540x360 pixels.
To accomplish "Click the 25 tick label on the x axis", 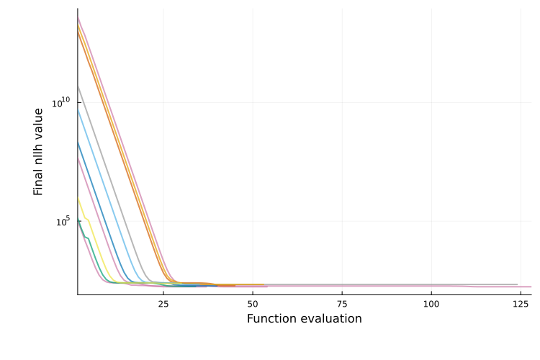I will click(163, 304).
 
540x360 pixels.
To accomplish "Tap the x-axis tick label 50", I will click(252, 304).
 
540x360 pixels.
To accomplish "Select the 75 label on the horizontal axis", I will click(342, 304).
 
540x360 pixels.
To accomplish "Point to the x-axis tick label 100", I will click(431, 304).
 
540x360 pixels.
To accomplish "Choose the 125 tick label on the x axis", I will click(521, 304).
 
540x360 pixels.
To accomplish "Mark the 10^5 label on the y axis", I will click(63, 221).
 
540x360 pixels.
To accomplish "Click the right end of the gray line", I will click(517, 284).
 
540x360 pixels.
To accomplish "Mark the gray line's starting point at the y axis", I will click(78, 87).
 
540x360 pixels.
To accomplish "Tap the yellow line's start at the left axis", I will click(78, 198).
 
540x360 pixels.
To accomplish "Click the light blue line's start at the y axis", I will click(78, 110).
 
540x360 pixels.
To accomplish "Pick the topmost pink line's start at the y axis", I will click(78, 18).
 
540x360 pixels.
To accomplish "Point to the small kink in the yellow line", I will click(86, 219).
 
